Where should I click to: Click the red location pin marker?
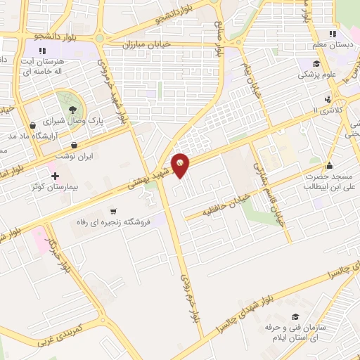click(181, 163)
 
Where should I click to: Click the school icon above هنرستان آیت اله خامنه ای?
click(43, 50)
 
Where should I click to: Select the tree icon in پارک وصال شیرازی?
click(72, 108)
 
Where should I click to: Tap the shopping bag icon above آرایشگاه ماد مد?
click(33, 124)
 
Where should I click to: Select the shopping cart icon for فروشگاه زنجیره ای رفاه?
click(112, 211)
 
